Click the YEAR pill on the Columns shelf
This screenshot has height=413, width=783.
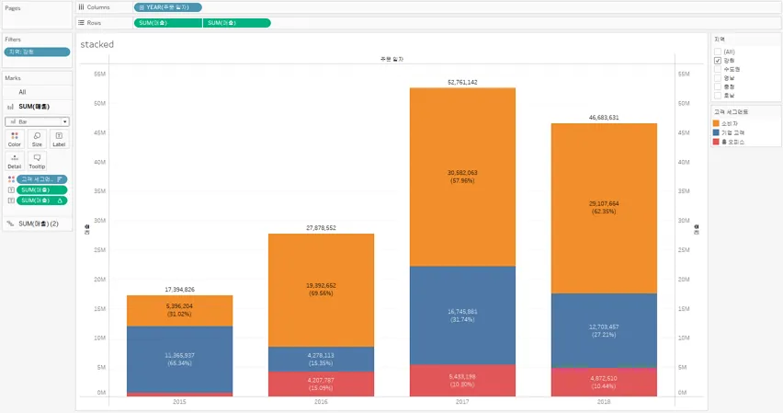click(x=168, y=7)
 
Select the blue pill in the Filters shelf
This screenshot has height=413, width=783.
click(x=37, y=52)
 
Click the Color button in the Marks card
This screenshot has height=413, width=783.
click(x=15, y=139)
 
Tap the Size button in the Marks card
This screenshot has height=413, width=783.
click(x=37, y=139)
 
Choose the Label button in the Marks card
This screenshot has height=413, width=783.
click(x=59, y=139)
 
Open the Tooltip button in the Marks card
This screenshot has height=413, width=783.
click(x=37, y=161)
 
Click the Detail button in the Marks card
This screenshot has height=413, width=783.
click(x=15, y=161)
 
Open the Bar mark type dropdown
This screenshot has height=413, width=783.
click(x=37, y=121)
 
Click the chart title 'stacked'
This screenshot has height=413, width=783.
click(x=97, y=44)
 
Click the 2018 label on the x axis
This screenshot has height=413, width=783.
click(x=604, y=402)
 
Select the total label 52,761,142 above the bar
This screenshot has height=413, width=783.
click(x=462, y=82)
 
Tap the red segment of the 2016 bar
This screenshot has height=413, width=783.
click(x=321, y=384)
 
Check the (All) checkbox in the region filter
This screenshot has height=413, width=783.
click(x=718, y=52)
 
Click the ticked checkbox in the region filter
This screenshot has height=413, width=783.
click(x=718, y=60)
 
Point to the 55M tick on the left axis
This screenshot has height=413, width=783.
click(x=102, y=74)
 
